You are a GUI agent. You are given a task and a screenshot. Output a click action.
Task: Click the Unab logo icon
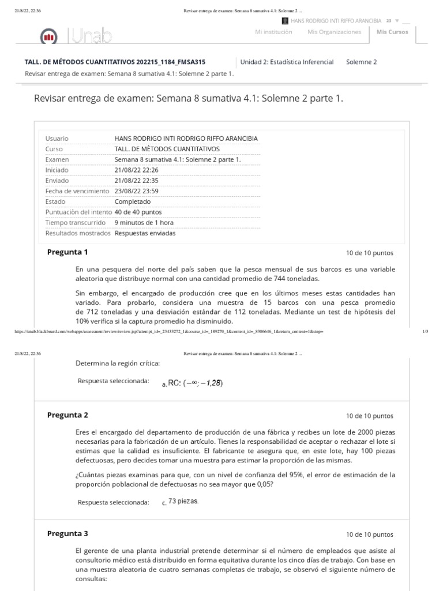click(x=48, y=38)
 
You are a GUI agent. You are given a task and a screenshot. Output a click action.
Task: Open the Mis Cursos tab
click(x=392, y=32)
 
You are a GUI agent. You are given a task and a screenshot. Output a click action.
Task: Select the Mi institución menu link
click(x=273, y=32)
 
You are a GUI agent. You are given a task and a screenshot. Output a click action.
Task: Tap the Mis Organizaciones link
click(x=335, y=32)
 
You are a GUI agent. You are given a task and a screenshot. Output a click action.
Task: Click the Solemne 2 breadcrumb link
click(x=361, y=62)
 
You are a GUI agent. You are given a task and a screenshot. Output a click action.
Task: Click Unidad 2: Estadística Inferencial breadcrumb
click(x=288, y=62)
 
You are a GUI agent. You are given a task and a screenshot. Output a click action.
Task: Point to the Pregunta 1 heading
click(x=67, y=252)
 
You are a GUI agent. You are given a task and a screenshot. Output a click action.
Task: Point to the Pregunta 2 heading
click(x=67, y=415)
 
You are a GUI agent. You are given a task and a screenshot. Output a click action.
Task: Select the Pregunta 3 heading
click(x=67, y=534)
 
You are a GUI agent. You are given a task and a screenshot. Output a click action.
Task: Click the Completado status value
click(x=133, y=201)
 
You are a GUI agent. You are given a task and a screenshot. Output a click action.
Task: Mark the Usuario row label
click(x=57, y=139)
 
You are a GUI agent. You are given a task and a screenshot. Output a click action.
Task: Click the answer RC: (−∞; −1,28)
click(x=195, y=383)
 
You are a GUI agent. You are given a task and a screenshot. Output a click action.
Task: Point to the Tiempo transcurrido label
click(x=76, y=222)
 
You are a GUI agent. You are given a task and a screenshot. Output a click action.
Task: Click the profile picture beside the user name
click(x=285, y=20)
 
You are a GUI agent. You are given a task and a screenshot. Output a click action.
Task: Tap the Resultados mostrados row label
click(x=78, y=233)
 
